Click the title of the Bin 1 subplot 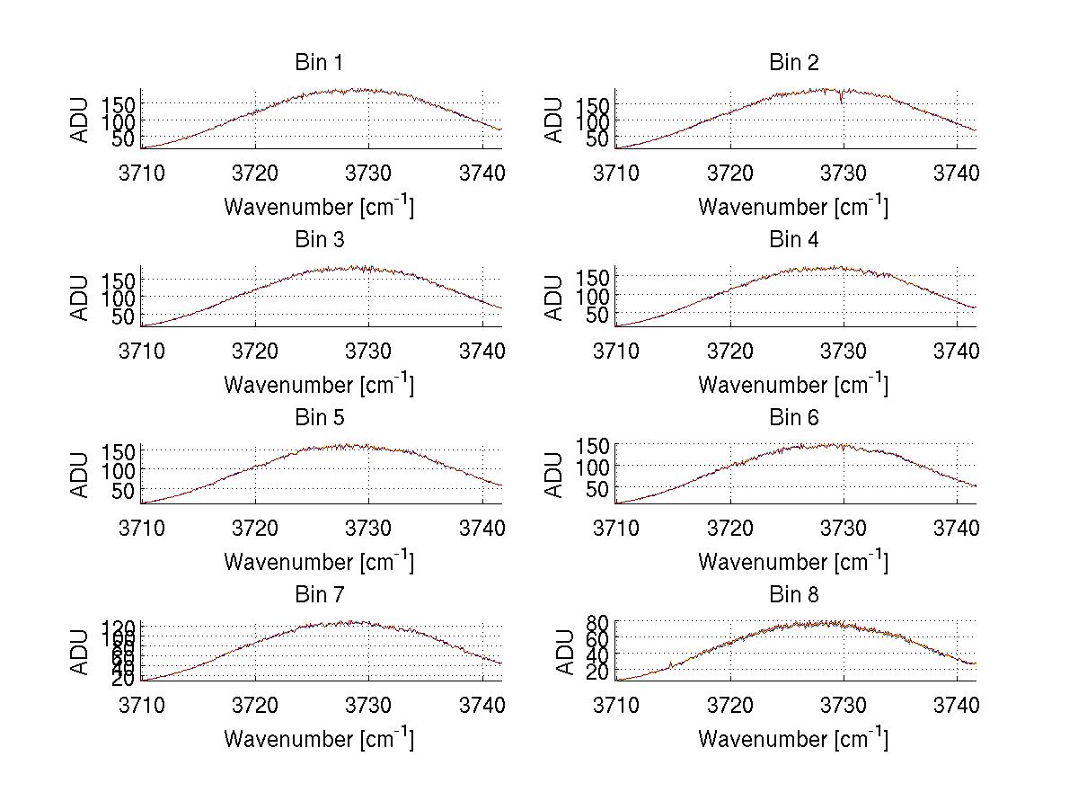click(319, 63)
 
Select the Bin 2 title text click(794, 63)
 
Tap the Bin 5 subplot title click(319, 418)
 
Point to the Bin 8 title click(794, 595)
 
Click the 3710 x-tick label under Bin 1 click(142, 172)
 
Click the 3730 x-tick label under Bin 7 click(369, 704)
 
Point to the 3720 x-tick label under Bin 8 click(729, 704)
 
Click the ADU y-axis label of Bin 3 click(81, 298)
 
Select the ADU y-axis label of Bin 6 click(555, 475)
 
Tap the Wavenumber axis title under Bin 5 click(319, 562)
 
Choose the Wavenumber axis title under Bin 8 click(794, 739)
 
